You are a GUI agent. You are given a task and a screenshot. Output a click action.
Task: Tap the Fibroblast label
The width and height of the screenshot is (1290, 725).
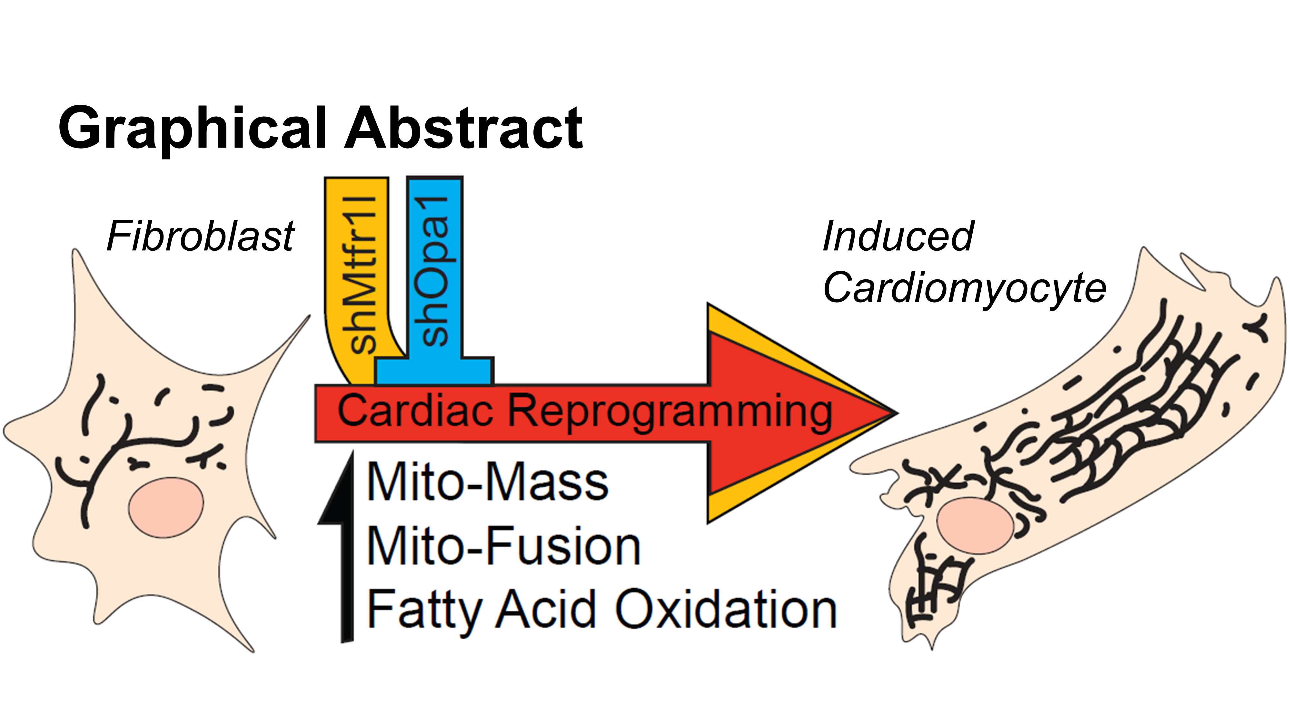coord(200,236)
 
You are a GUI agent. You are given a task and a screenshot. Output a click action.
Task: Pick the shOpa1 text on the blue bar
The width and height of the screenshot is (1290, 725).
coord(435,270)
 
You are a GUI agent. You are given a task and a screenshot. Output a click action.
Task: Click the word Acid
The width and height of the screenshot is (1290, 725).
coord(546,609)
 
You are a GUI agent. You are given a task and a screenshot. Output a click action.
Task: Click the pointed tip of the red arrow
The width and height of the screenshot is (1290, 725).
coord(891,413)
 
